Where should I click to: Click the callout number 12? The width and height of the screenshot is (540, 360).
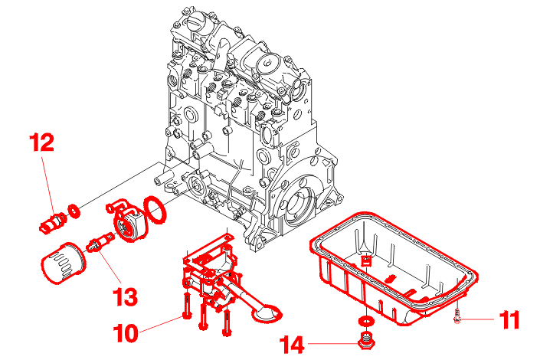[43, 142]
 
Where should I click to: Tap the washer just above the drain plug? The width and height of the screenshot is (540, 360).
[367, 320]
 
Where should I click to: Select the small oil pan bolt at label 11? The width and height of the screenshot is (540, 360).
[458, 315]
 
